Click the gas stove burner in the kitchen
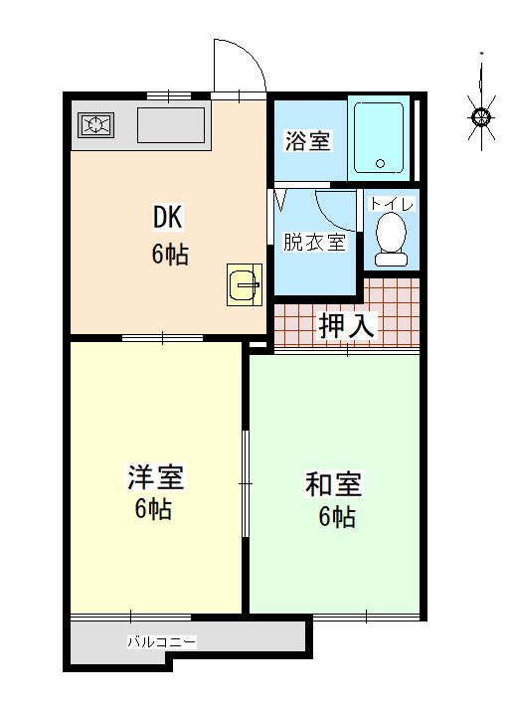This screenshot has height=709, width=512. point(95,125)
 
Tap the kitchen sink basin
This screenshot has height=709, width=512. point(170,125)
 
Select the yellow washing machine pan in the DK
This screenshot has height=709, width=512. point(245,284)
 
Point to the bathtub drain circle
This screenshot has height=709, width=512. point(380,164)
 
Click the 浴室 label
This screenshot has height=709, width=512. point(307,140)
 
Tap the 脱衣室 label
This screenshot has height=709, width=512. point(314,242)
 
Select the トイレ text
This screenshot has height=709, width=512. point(392,205)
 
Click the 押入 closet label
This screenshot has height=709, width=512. point(347,325)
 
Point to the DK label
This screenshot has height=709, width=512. point(168,218)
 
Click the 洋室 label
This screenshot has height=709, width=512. point(155,477)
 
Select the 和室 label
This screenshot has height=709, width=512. point(333,484)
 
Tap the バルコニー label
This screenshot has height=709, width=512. point(162,642)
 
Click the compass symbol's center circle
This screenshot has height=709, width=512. point(482,118)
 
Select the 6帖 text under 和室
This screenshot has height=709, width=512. point(337,516)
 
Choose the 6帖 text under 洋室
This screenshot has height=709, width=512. point(153,509)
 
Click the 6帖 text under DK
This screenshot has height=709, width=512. point(170,254)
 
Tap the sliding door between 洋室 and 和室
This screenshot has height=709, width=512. point(246,483)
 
